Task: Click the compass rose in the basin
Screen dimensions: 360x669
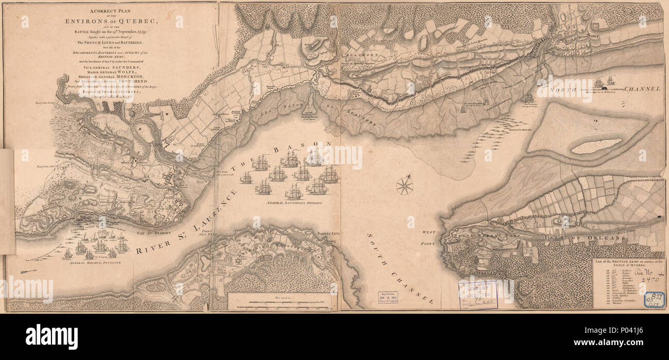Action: tap(404, 186)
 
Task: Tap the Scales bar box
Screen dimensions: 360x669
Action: tap(279, 301)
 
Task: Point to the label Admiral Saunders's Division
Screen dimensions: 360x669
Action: tap(293, 203)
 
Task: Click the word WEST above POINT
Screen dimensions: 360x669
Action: tap(429, 232)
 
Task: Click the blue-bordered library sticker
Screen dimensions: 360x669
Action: tap(654, 299)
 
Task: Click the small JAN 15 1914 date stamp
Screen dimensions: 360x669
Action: tap(388, 297)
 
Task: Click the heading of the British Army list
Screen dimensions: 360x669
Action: tap(627, 263)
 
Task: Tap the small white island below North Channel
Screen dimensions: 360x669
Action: tap(596, 146)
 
